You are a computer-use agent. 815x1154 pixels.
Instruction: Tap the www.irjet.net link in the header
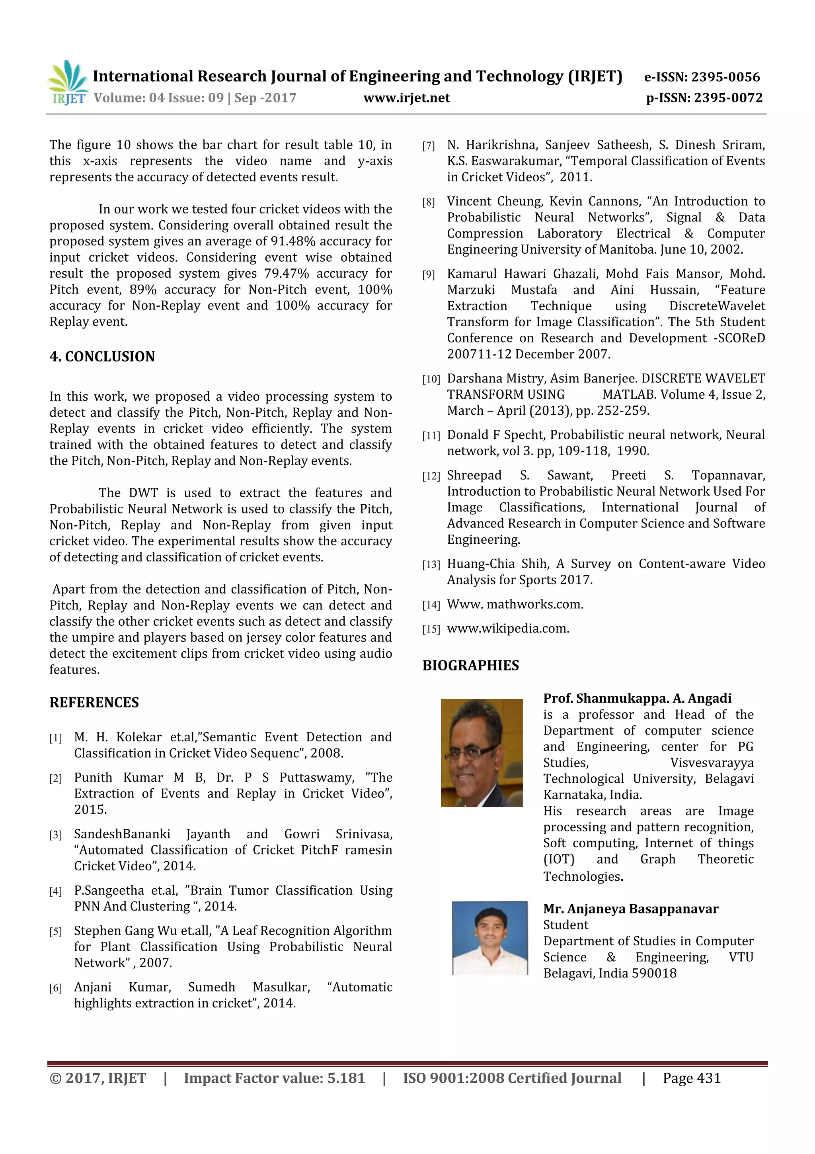click(x=406, y=98)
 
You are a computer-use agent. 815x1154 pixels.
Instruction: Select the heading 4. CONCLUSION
click(x=102, y=357)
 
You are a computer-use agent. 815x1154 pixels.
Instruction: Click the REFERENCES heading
click(x=94, y=702)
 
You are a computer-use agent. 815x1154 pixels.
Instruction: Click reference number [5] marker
click(x=56, y=932)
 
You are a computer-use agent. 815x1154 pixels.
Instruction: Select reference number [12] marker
click(x=431, y=476)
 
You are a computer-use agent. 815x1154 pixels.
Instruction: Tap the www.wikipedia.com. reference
click(x=508, y=628)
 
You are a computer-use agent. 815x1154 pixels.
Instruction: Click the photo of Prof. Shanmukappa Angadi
click(x=481, y=752)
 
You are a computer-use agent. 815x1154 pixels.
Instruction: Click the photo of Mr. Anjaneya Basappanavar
click(x=489, y=937)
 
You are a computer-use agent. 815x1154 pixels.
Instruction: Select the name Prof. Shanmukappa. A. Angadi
click(x=637, y=698)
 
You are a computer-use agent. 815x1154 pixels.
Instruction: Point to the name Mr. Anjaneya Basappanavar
click(x=630, y=909)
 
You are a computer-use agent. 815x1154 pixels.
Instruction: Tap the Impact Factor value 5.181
click(x=346, y=1078)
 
